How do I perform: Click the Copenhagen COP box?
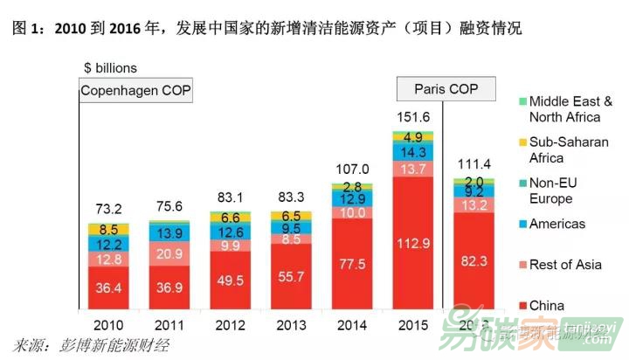pos(135,91)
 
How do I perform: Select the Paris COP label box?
pos(446,89)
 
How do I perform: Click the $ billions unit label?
pos(110,67)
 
